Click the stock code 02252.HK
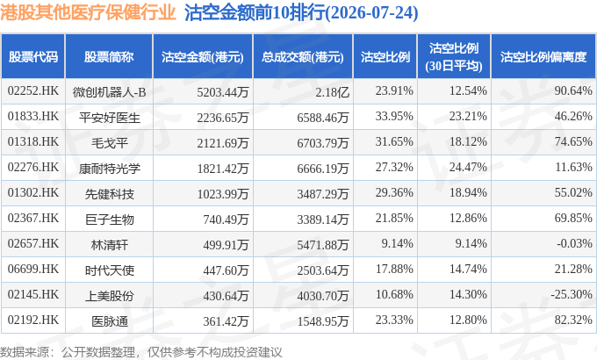click(x=33, y=91)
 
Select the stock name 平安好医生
click(x=109, y=118)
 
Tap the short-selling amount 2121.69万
click(x=223, y=143)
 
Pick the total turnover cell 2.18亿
click(x=332, y=92)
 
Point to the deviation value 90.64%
click(x=573, y=90)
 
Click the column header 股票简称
click(x=109, y=57)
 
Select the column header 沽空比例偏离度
click(x=543, y=57)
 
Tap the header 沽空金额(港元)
click(x=203, y=57)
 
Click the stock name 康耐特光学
click(x=109, y=169)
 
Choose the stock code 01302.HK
click(x=33, y=193)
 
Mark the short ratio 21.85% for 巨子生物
click(x=394, y=218)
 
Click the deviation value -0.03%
click(x=574, y=243)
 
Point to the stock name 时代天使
click(x=109, y=270)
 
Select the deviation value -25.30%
click(x=572, y=294)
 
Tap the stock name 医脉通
click(x=109, y=321)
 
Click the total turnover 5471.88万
click(x=323, y=245)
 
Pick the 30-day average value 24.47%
click(x=468, y=167)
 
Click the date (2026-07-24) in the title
click(x=371, y=12)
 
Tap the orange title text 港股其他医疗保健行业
click(x=88, y=12)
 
